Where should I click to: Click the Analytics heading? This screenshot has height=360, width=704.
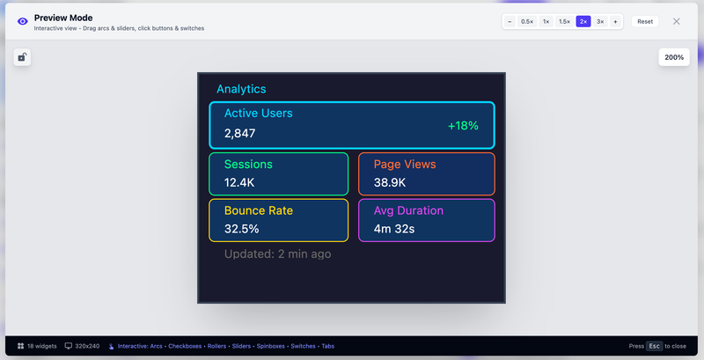241,89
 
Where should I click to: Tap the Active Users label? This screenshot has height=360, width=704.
258,114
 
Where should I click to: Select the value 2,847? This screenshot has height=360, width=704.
239,134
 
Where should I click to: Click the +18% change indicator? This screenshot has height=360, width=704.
463,126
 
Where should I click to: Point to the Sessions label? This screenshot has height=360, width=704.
248,165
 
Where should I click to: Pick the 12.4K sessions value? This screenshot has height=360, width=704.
239,183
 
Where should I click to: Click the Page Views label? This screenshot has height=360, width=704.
404,165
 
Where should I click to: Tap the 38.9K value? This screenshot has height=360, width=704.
390,183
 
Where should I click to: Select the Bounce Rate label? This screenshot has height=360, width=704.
258,211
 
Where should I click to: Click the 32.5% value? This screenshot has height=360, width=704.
241,229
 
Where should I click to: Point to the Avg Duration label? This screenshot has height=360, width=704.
408,211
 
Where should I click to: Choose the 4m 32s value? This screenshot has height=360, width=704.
393,229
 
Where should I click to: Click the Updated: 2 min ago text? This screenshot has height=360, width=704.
277,254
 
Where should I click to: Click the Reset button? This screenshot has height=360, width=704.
645,21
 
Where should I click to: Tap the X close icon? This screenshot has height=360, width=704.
676,21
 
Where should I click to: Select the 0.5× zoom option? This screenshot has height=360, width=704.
527,21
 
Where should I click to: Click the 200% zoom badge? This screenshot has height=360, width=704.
674,57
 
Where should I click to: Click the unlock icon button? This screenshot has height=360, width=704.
22,57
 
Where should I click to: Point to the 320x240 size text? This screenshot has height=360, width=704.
86,346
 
